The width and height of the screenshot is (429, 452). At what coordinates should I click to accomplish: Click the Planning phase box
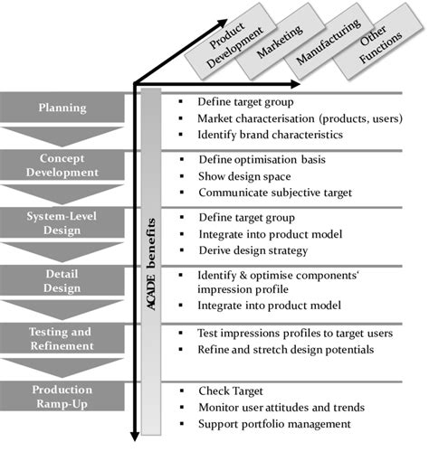(62, 108)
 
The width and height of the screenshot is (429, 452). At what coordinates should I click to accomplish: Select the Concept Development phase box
(62, 165)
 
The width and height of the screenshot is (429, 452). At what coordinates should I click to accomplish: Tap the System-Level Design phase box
(62, 223)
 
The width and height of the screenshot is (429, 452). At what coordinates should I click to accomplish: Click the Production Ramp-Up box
(62, 395)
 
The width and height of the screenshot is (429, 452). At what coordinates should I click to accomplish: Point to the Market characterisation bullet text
(294, 118)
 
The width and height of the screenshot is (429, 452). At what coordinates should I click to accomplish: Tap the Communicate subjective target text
(275, 192)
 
